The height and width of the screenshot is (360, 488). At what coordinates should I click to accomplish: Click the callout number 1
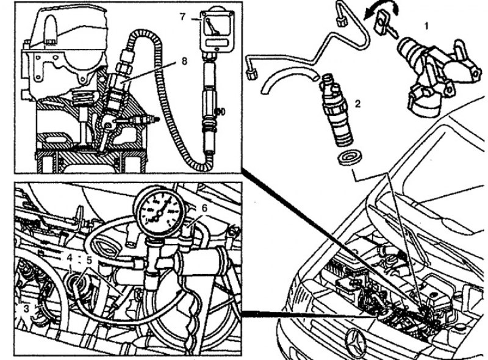(426, 26)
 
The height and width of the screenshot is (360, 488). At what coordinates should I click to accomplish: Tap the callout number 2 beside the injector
(358, 104)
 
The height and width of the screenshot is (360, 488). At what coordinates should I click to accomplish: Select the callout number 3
(27, 309)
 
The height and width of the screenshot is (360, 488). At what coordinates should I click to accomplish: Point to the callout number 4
(70, 258)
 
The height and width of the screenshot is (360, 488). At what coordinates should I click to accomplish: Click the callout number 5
(89, 260)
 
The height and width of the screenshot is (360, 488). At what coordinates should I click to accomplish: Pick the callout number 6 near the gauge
(204, 208)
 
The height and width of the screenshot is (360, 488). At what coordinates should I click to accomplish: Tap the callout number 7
(183, 17)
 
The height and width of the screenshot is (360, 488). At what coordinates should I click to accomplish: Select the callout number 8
(184, 61)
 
